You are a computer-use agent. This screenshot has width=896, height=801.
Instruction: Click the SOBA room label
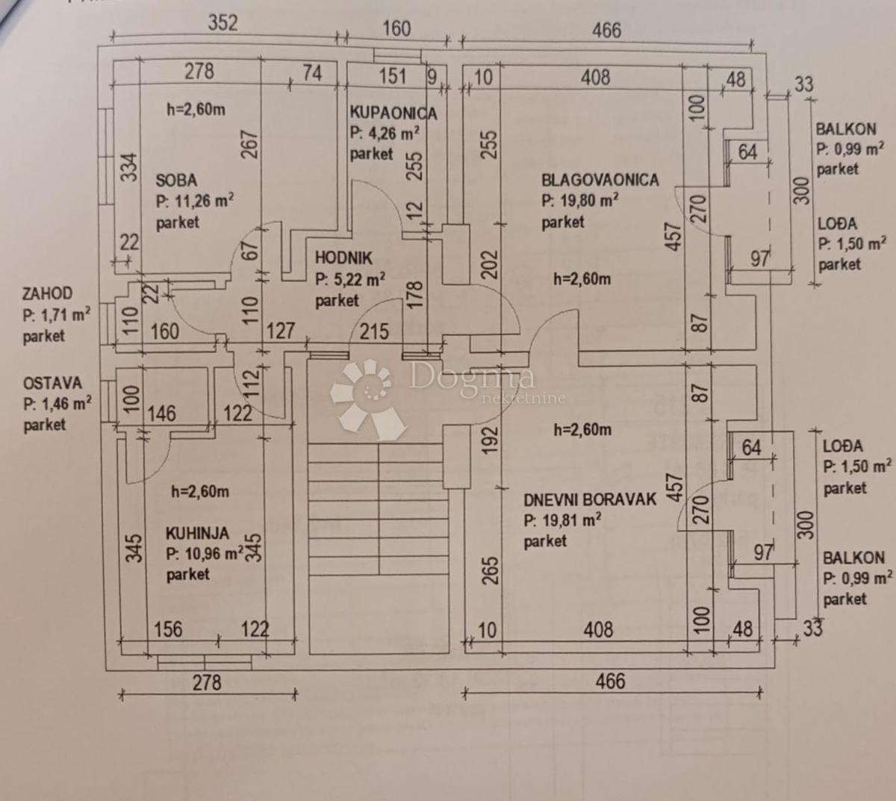click(x=176, y=180)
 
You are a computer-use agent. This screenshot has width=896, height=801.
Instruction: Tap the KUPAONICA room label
click(x=393, y=113)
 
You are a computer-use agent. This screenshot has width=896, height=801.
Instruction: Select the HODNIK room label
click(x=343, y=258)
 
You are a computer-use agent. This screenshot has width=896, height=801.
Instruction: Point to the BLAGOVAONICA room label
click(x=600, y=180)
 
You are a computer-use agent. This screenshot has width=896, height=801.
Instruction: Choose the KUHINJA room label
click(x=197, y=533)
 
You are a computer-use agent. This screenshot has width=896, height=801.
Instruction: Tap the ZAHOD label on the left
click(x=47, y=294)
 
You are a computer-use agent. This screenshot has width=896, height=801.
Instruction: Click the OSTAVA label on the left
click(x=52, y=383)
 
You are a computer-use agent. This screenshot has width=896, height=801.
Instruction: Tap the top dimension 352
click(x=223, y=22)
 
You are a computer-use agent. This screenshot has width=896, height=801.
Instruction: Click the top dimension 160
click(x=396, y=28)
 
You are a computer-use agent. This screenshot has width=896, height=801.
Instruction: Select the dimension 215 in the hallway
click(x=374, y=331)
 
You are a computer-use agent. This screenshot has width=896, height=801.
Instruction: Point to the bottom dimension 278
click(x=207, y=682)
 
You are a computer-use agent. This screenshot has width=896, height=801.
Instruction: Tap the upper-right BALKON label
click(x=846, y=128)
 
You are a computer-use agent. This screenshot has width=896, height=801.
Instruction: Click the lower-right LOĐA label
click(x=842, y=446)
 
